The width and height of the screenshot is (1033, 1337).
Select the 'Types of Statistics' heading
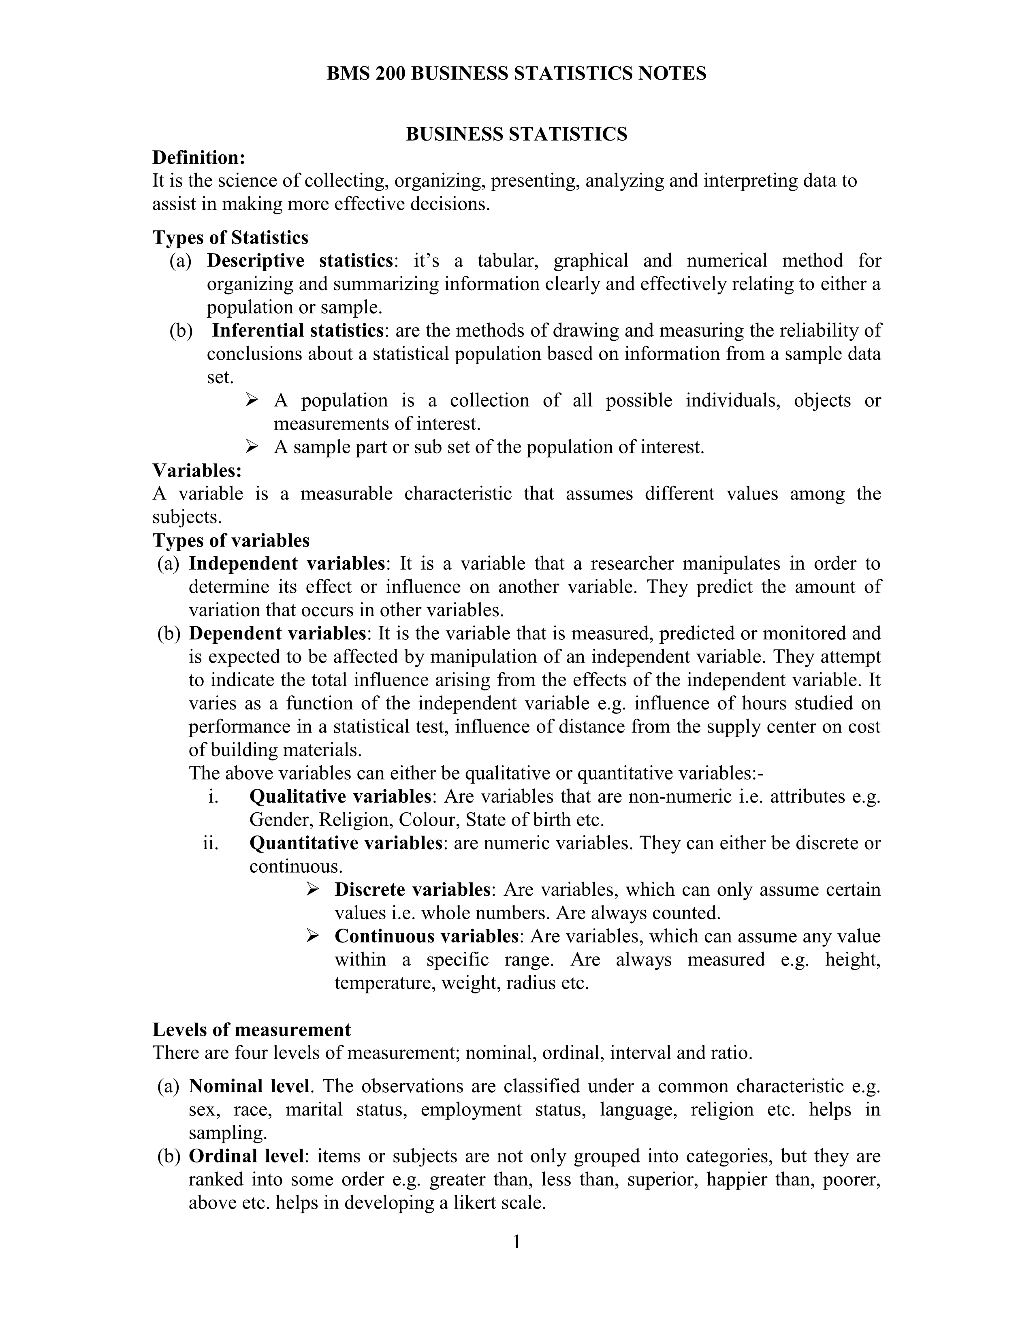(230, 237)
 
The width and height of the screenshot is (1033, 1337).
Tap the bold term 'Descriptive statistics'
(299, 261)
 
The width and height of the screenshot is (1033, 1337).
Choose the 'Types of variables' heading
(231, 540)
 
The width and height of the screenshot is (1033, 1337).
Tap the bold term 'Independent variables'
(286, 563)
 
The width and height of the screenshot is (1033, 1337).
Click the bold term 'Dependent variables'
(277, 633)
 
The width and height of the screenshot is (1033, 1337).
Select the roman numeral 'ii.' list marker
(211, 844)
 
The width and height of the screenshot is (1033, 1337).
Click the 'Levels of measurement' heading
(252, 1029)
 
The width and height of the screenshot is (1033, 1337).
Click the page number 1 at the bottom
(516, 1242)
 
